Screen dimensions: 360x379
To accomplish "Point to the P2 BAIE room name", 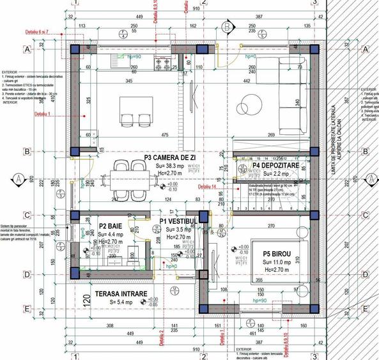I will (111, 226).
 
